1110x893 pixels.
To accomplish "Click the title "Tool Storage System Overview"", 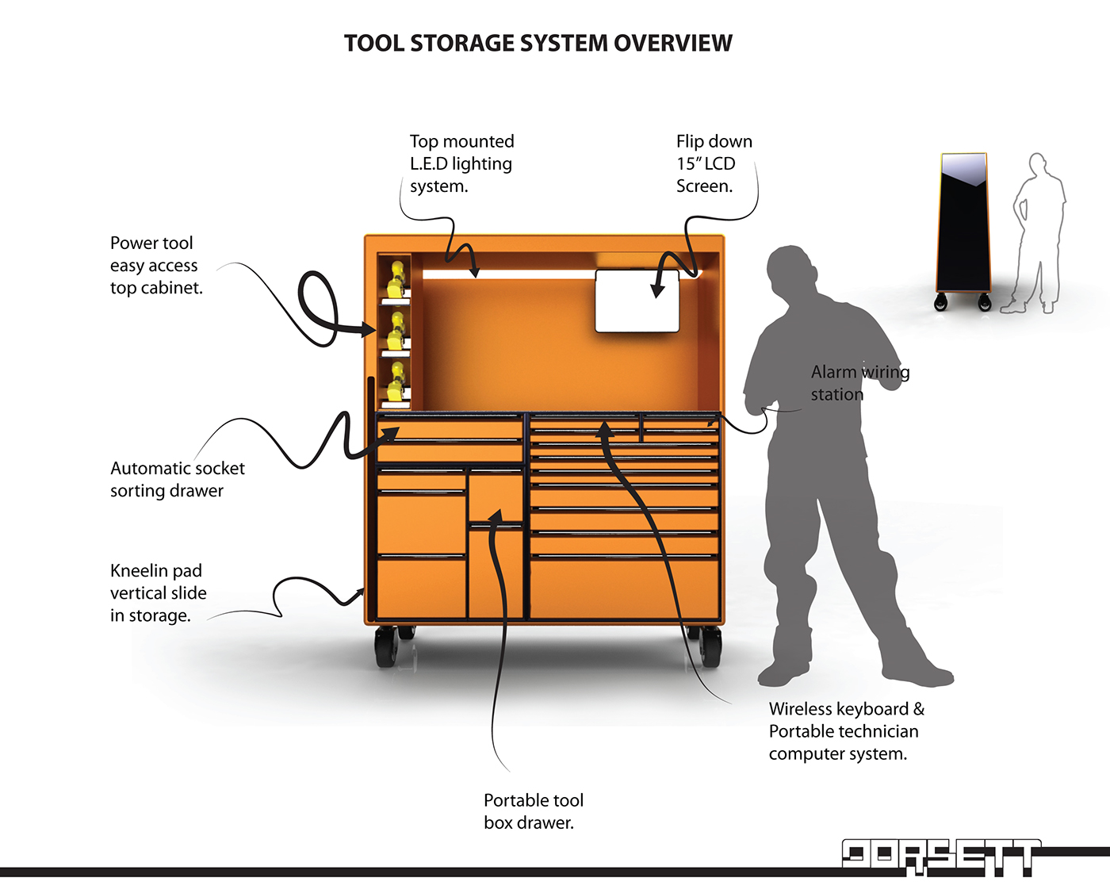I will (x=538, y=43).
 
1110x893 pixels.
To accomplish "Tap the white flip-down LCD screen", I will (x=637, y=301).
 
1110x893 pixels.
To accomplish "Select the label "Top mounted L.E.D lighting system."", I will (x=461, y=163).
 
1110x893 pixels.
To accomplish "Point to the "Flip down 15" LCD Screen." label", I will (x=714, y=163).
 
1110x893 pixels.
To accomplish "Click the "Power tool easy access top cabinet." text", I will (x=156, y=266).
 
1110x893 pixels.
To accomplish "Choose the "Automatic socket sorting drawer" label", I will (x=178, y=480).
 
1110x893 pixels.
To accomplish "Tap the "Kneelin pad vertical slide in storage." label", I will (x=159, y=593).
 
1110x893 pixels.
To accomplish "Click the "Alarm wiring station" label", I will (x=859, y=383).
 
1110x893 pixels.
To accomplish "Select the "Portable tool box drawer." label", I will (x=533, y=811).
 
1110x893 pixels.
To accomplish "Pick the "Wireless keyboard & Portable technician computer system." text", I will (x=846, y=731).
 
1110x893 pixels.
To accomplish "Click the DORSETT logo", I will (x=940, y=857).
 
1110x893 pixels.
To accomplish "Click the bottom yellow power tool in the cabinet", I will (x=396, y=383).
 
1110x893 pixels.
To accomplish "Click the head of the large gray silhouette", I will (x=789, y=270).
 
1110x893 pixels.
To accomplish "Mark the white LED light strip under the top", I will (x=507, y=274).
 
